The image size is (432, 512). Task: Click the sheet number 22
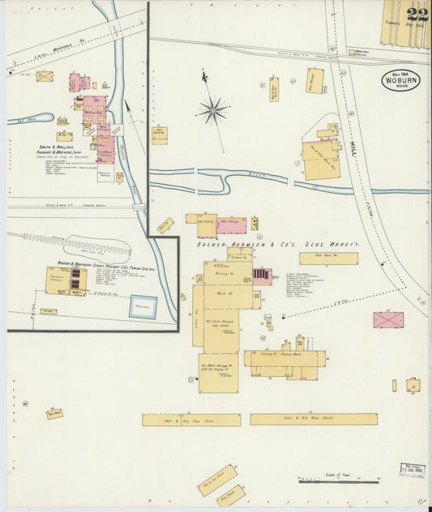(x=418, y=14)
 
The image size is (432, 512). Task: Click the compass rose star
(x=212, y=109)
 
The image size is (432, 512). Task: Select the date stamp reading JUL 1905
(x=412, y=469)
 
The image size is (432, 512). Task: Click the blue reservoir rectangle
(x=144, y=306)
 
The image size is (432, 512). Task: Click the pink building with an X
(x=388, y=319)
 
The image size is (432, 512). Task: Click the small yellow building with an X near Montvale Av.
(x=45, y=76)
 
